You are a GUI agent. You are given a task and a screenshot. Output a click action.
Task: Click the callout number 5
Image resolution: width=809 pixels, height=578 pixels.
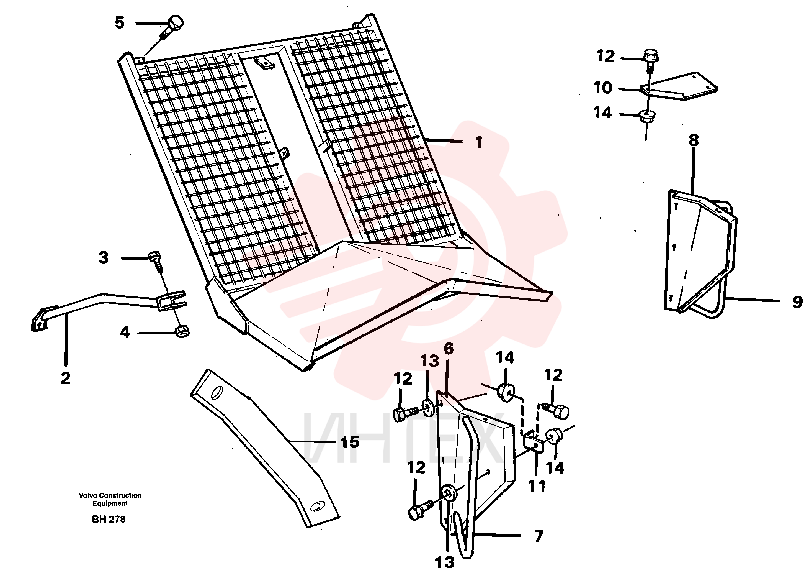[x=120, y=23]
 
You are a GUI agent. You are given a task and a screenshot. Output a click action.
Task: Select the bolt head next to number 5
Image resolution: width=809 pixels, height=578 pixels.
[x=175, y=23]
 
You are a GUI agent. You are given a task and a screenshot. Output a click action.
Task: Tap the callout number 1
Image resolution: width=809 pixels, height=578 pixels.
[x=479, y=142]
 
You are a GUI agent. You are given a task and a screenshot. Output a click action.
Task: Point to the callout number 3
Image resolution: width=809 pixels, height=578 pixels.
[x=104, y=257]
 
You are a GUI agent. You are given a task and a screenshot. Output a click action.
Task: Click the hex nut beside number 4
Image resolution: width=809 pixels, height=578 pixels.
[x=182, y=331]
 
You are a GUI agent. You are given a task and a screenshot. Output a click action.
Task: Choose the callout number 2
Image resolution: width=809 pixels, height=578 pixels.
[x=65, y=378]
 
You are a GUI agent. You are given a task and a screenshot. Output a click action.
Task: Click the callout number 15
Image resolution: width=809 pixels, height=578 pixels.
[x=350, y=442]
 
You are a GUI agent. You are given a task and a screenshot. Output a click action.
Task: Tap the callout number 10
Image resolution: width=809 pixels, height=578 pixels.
[x=603, y=88]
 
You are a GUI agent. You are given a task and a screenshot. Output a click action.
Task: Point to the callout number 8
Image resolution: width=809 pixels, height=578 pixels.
[x=694, y=140]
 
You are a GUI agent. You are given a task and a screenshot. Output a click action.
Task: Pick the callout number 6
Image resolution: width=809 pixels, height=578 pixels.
[x=449, y=349]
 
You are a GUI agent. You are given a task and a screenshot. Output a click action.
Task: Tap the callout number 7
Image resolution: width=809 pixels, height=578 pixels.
[x=539, y=536]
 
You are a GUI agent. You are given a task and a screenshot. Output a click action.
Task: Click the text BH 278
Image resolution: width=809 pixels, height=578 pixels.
[x=109, y=519]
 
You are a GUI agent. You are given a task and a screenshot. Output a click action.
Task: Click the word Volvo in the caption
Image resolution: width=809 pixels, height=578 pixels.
[x=88, y=495]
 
